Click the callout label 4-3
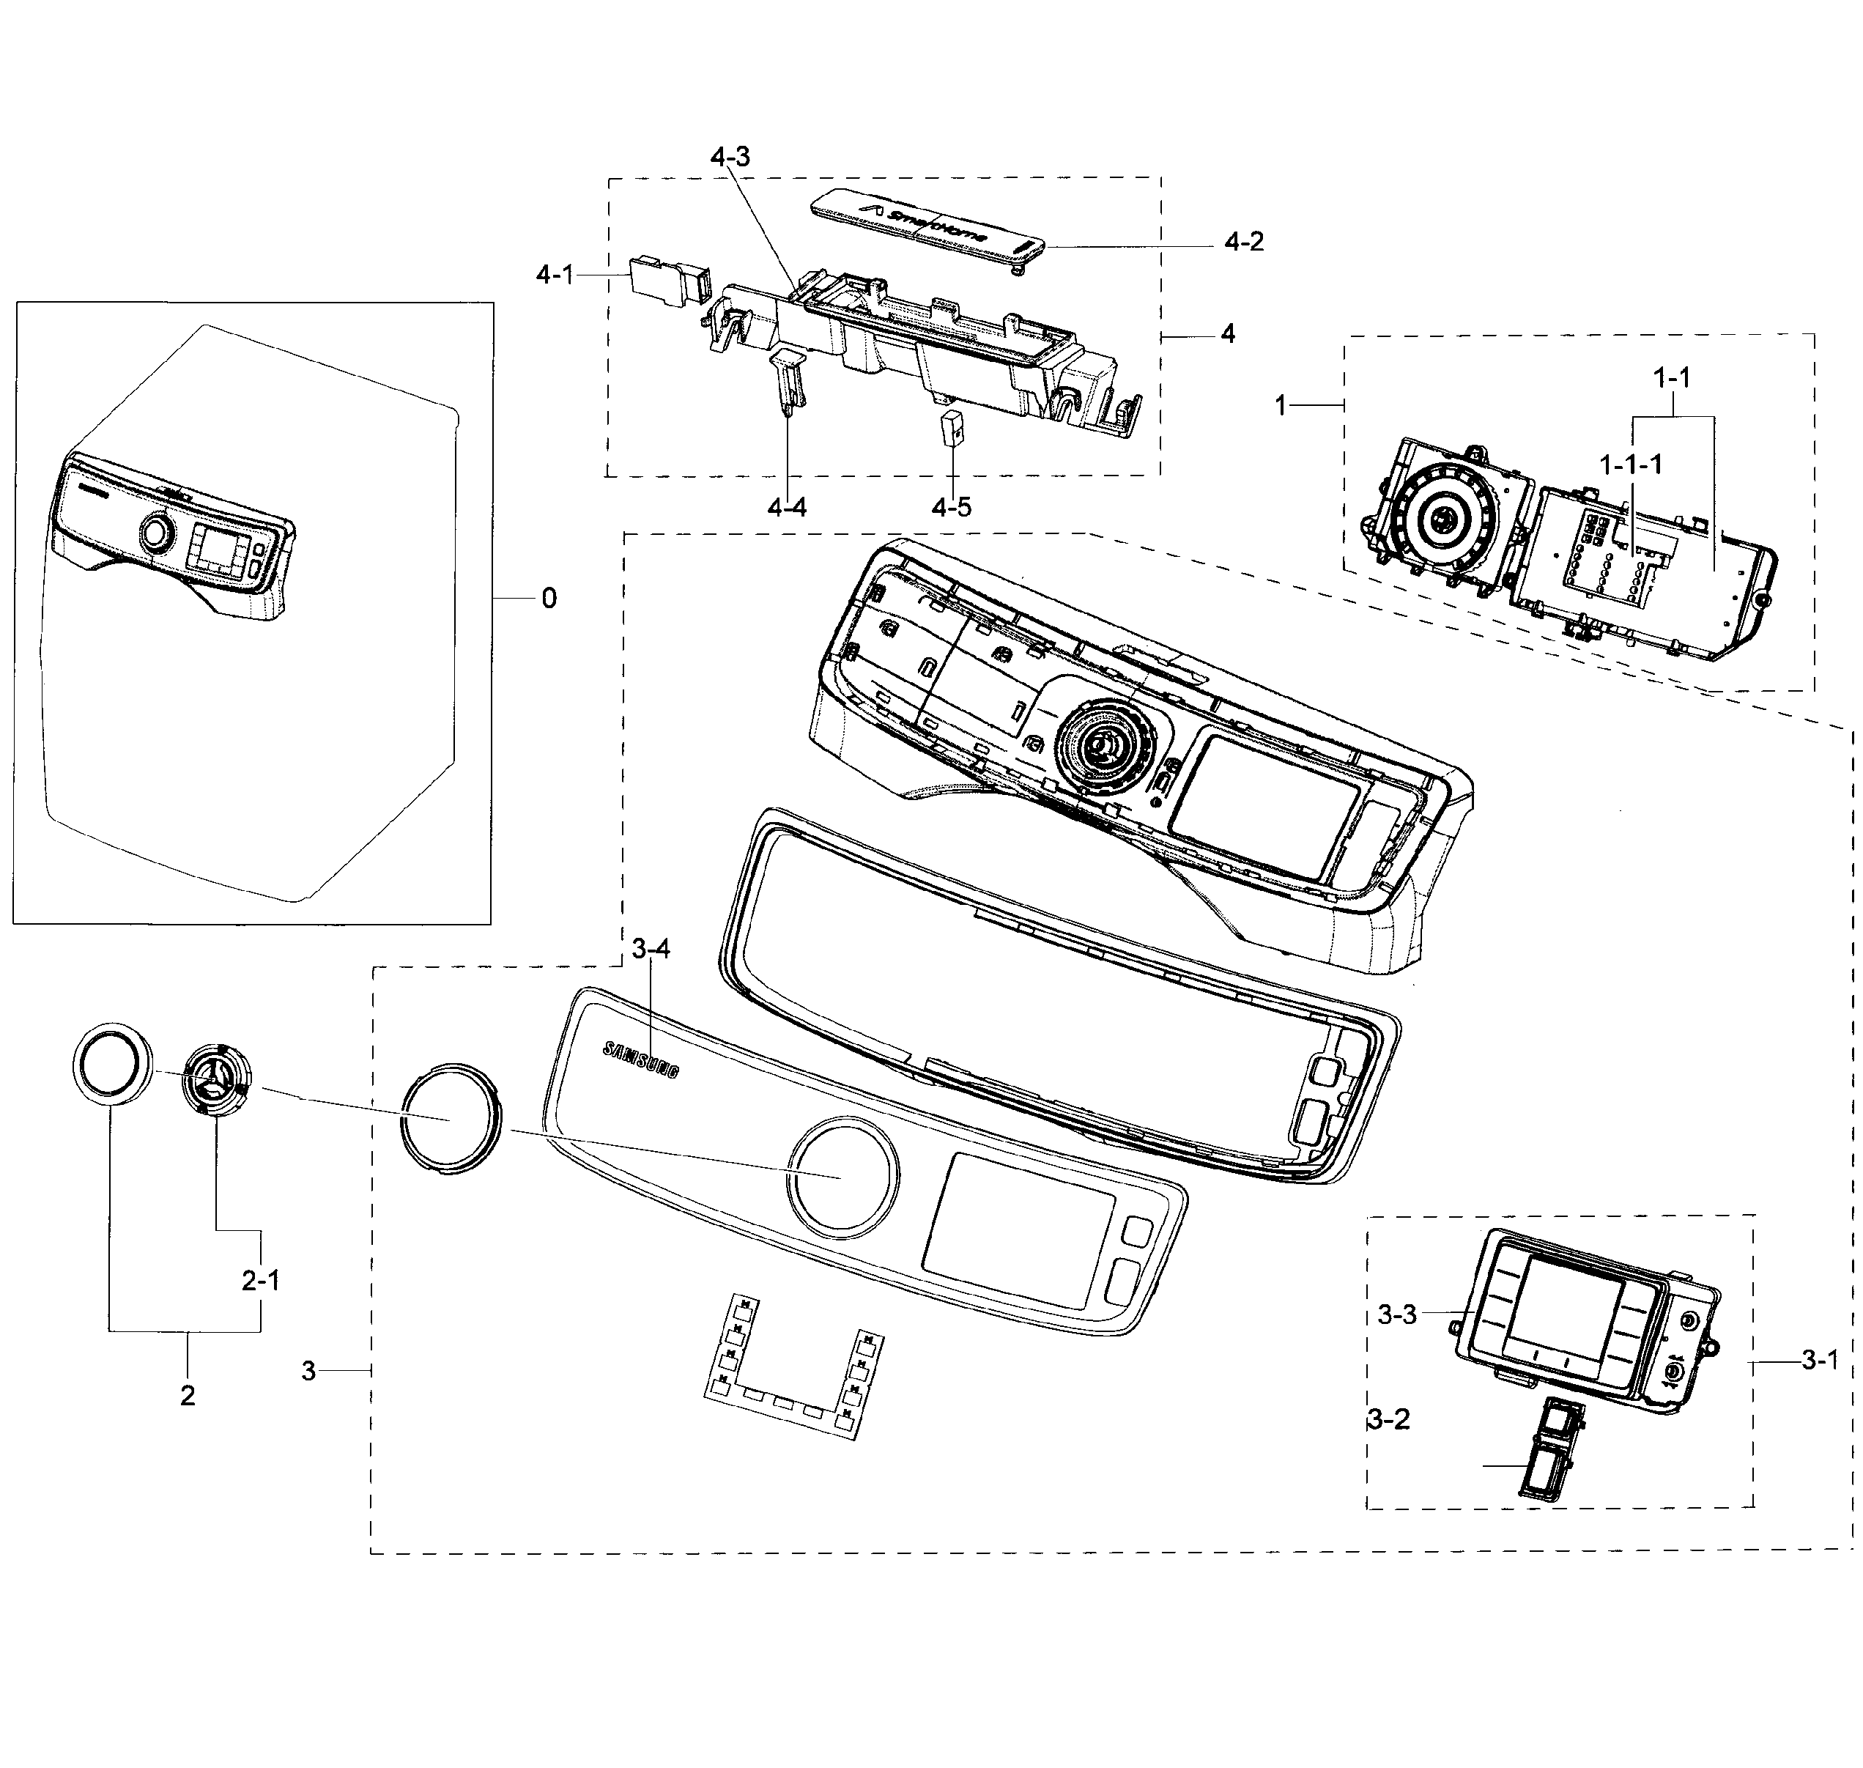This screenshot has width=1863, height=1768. pyautogui.click(x=730, y=157)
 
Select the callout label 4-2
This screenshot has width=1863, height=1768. pyautogui.click(x=1243, y=243)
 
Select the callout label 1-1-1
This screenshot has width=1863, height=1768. pyautogui.click(x=1630, y=464)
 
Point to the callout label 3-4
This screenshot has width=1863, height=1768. pyautogui.click(x=651, y=949)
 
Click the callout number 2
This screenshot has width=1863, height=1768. pyautogui.click(x=188, y=1396)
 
